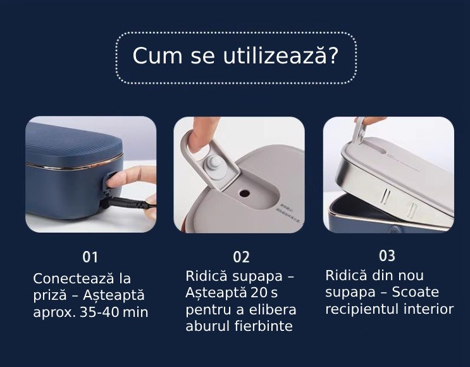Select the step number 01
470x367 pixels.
pyautogui.click(x=90, y=257)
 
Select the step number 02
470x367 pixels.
pyautogui.click(x=241, y=257)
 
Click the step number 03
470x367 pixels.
pyautogui.click(x=387, y=256)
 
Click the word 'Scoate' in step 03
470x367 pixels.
pyautogui.click(x=415, y=293)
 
